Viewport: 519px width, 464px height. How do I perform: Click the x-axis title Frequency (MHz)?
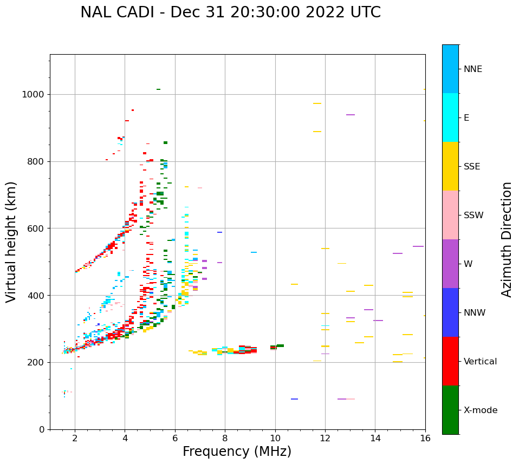pos(237,452)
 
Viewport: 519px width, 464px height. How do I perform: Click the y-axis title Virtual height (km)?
pos(11,242)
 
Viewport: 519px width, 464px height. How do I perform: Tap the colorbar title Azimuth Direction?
pos(507,239)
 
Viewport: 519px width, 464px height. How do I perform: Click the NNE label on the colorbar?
pos(472,69)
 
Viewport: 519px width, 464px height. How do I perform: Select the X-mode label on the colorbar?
pos(480,410)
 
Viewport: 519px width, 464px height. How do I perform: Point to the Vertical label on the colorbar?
pos(480,362)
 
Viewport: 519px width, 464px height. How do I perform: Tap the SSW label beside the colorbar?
pos(473,215)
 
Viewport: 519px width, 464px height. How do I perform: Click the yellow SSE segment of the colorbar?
pos(450,166)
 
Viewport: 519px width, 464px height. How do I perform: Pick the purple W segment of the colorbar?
pos(450,264)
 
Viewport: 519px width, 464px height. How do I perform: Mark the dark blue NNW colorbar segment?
pos(450,312)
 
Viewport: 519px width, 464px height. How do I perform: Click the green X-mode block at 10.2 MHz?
pos(280,345)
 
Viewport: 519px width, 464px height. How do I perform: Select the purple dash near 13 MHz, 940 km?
pos(351,115)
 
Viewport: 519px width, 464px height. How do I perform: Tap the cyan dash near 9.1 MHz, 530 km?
pos(254,252)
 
